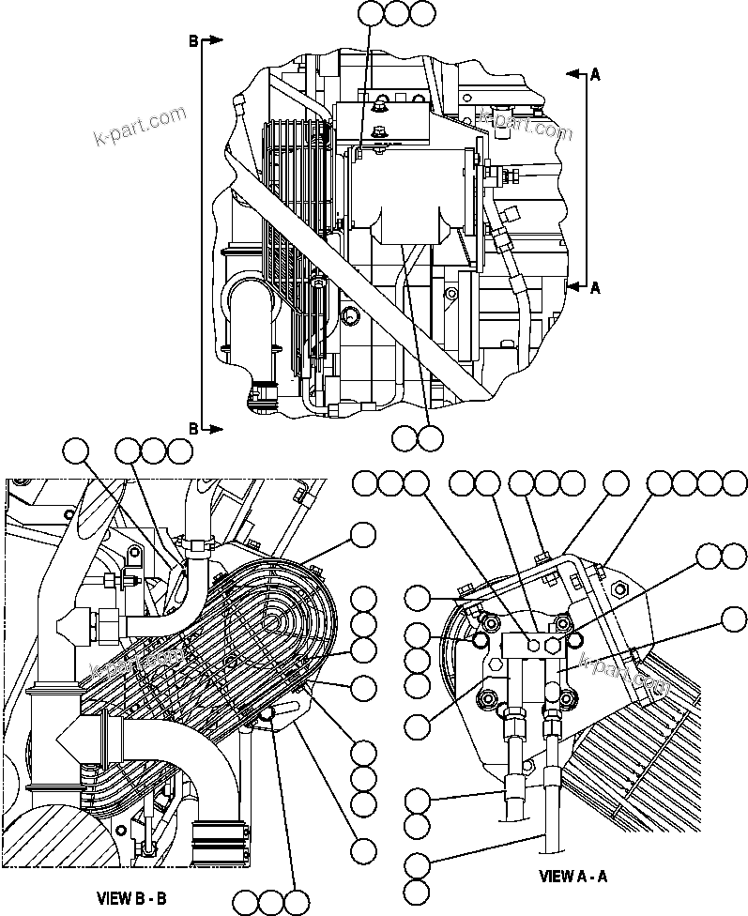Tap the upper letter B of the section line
tap(193, 40)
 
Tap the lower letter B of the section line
tap(193, 428)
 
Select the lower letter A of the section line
tap(594, 288)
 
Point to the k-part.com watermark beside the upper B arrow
tap(141, 129)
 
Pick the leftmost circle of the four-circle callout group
tap(661, 483)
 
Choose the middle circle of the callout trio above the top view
tap(396, 13)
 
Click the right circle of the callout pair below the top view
tap(430, 436)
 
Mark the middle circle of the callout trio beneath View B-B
tap(271, 902)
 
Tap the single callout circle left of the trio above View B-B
tap(77, 451)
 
